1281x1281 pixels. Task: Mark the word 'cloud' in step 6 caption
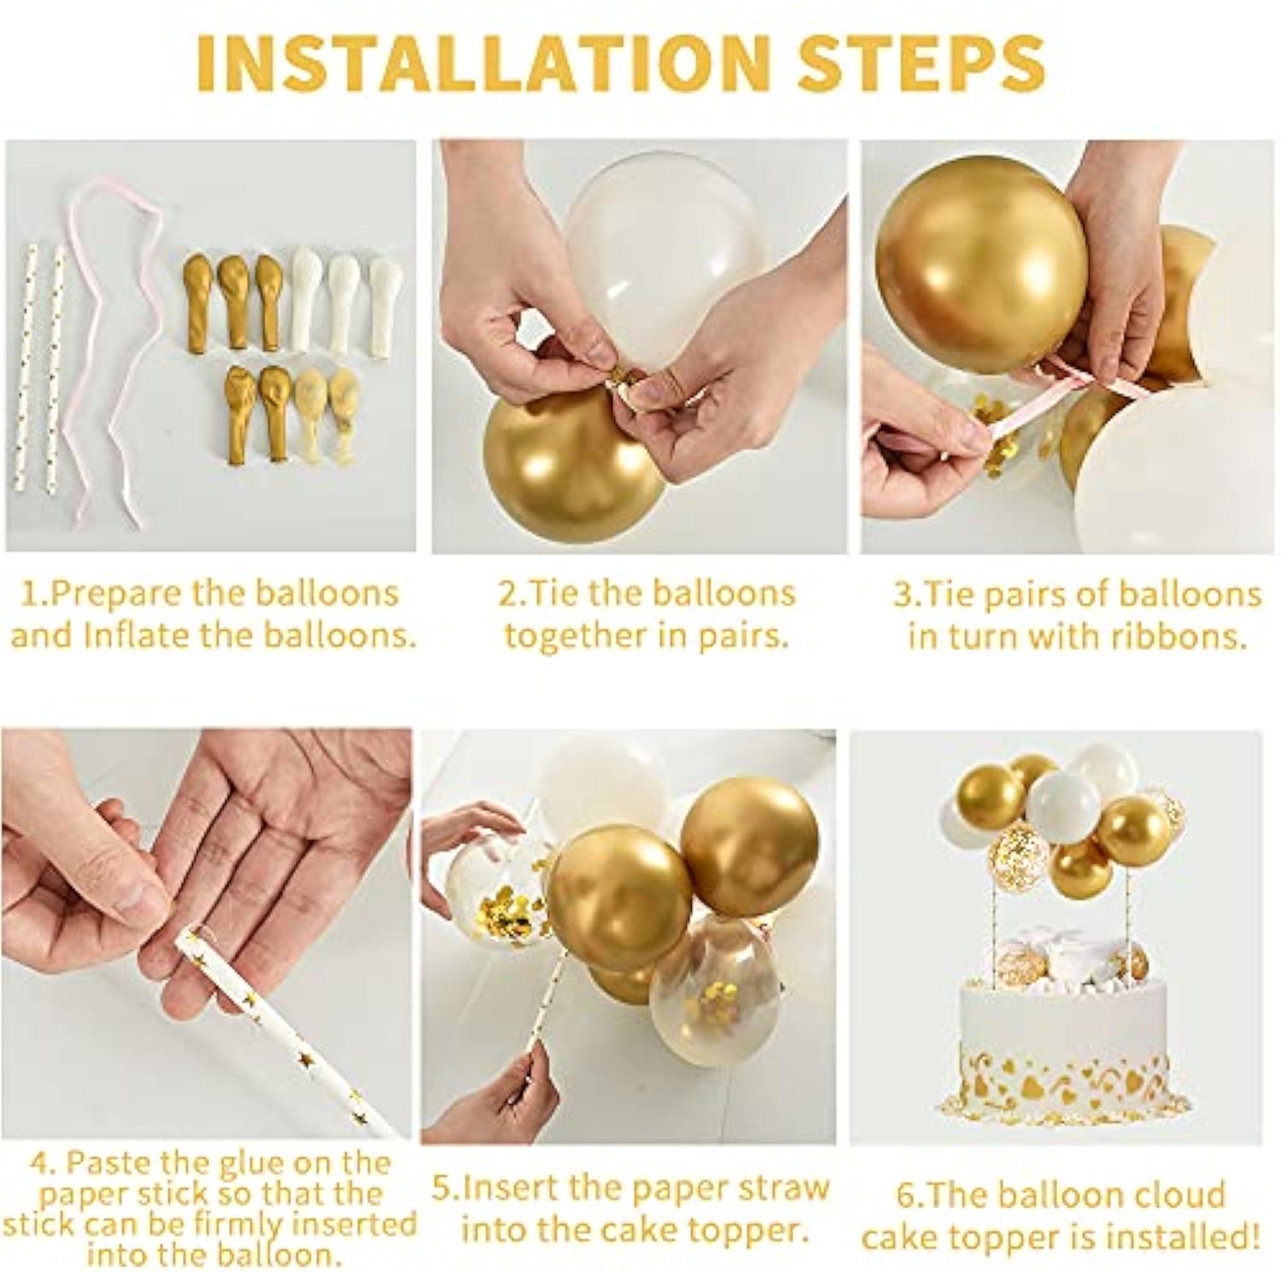pos(1178,1194)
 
